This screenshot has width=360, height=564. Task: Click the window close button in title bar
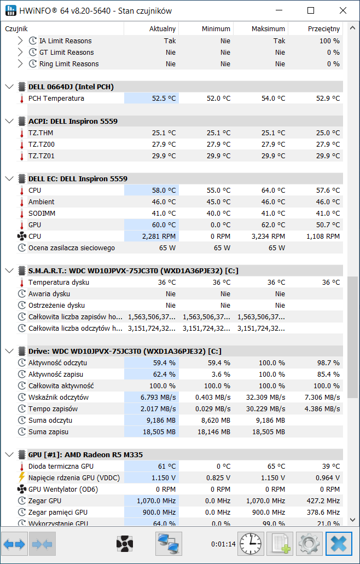[343, 11]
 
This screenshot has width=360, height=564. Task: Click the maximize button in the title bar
[311, 11]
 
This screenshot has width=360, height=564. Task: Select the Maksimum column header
[269, 29]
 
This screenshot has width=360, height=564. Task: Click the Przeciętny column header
[324, 29]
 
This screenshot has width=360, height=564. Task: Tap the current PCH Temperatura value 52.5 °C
[164, 98]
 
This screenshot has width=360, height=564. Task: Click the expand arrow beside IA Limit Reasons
[20, 41]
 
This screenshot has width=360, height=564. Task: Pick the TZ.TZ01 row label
[42, 156]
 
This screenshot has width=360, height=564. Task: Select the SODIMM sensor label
[42, 214]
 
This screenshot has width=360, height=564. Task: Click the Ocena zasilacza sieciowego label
[72, 248]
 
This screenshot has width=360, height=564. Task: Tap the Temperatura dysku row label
[59, 283]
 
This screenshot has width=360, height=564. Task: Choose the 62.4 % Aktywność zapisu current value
[164, 375]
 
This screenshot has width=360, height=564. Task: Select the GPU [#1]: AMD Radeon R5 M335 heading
[85, 454]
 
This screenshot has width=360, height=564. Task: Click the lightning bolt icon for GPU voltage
[21, 477]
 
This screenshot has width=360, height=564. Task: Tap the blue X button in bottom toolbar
[339, 544]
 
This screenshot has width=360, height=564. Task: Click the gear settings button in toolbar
[309, 544]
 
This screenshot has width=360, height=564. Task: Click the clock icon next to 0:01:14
[251, 544]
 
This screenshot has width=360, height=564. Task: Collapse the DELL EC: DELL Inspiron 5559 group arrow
[9, 179]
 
